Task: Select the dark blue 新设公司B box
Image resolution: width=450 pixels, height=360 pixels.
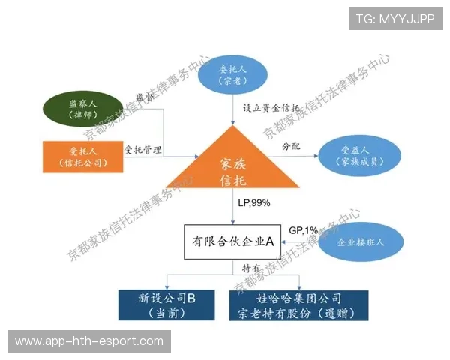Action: coord(167,304)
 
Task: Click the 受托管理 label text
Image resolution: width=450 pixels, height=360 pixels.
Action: coord(142,148)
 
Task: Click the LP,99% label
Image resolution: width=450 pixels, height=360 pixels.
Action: coord(253,203)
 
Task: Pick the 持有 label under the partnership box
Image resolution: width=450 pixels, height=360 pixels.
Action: coord(251,268)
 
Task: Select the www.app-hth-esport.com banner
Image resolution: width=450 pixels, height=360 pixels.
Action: coord(89,341)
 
